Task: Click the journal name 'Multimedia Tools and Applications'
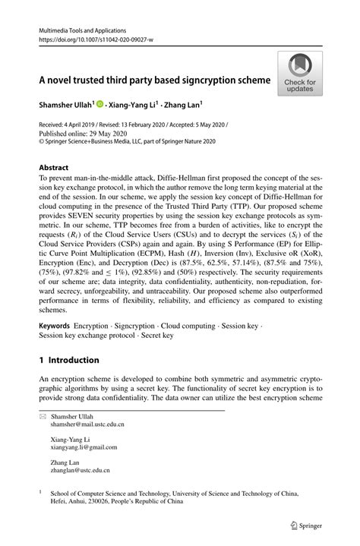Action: (x=81, y=27)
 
